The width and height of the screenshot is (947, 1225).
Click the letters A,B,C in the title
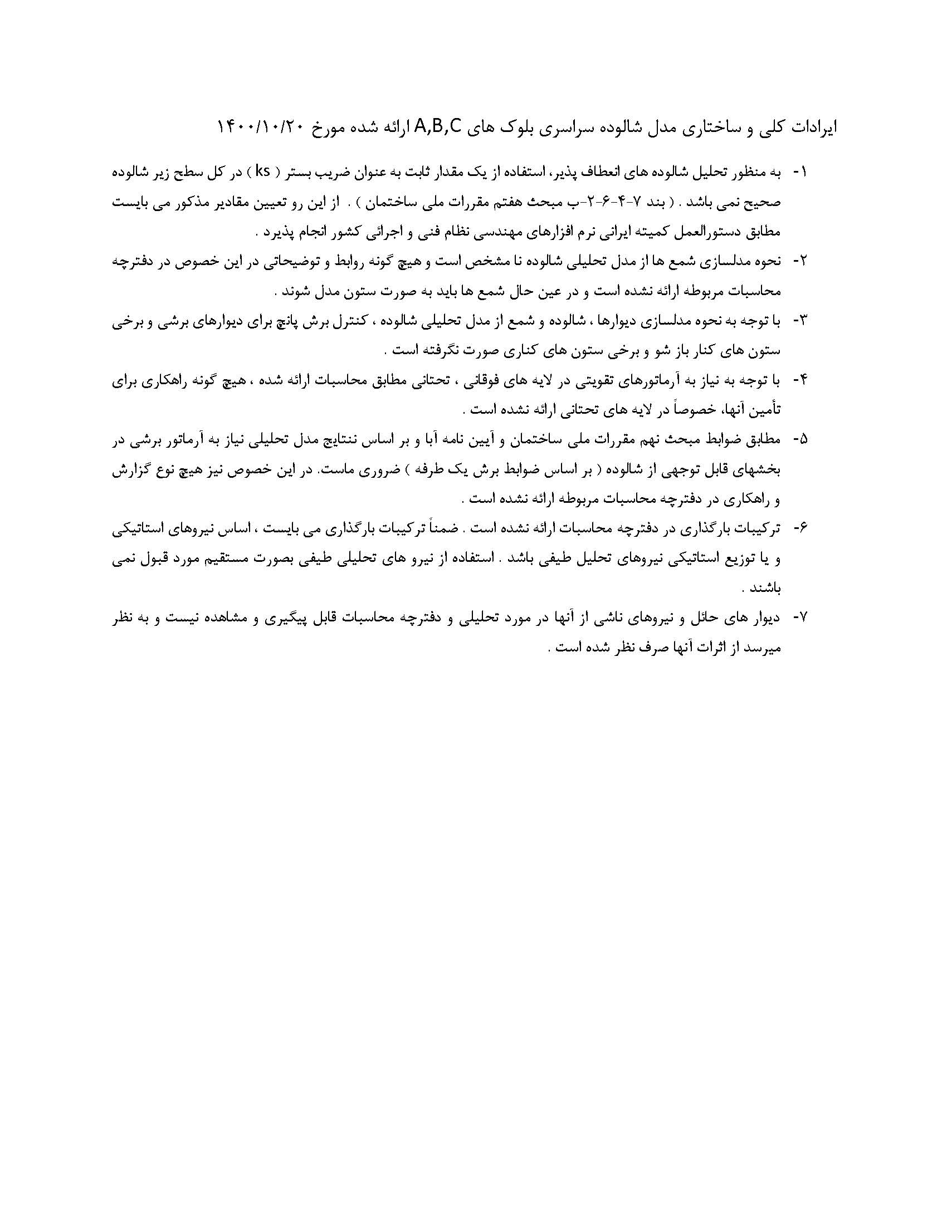[x=438, y=128]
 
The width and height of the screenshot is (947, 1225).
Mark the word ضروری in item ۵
[x=366, y=470]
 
